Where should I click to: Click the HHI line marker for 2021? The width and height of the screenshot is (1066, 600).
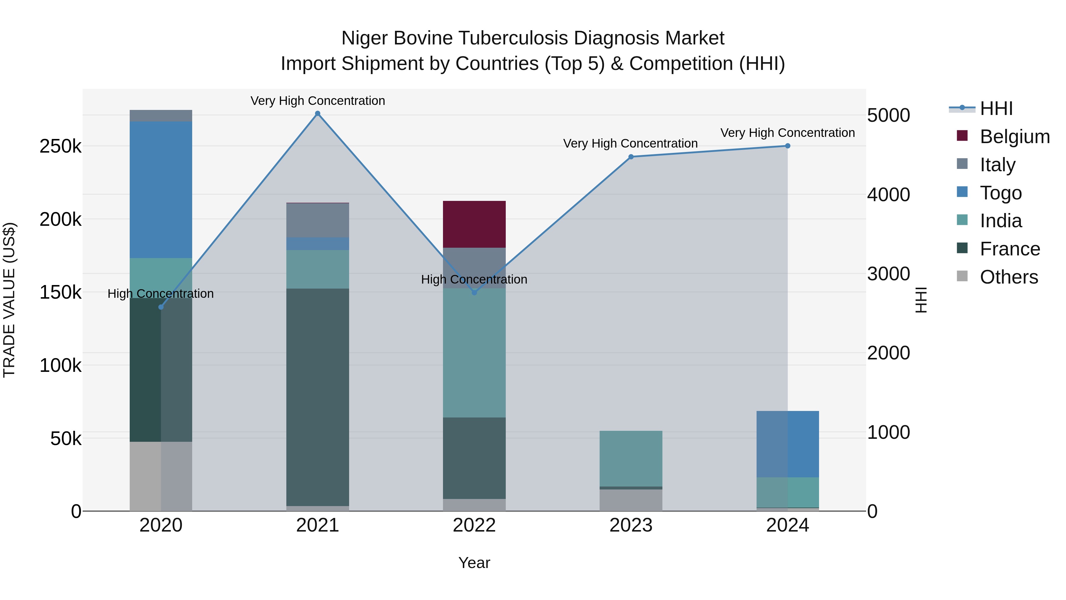(x=317, y=113)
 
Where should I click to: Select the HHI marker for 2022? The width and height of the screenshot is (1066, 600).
(x=474, y=293)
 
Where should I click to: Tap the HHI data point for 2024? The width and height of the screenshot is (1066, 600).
(x=787, y=146)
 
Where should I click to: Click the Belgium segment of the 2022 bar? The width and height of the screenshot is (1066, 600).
(x=474, y=224)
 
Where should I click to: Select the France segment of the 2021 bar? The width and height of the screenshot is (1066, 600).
(x=317, y=397)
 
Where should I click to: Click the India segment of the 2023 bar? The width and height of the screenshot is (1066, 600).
(x=631, y=458)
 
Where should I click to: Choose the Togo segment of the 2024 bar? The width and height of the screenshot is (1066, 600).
(x=787, y=444)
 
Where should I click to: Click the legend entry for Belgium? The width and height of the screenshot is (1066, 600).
(x=1014, y=137)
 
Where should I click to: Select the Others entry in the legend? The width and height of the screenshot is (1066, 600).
(x=1009, y=277)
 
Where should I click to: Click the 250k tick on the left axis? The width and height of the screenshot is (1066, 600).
(x=60, y=146)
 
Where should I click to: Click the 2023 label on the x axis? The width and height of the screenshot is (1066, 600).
(x=631, y=525)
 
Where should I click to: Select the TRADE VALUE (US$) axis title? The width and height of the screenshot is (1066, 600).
(x=9, y=300)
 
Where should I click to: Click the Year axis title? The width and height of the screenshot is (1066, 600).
(x=474, y=563)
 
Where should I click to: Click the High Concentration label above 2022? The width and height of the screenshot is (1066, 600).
(x=474, y=279)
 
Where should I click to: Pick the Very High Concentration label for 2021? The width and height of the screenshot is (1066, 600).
(x=317, y=101)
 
